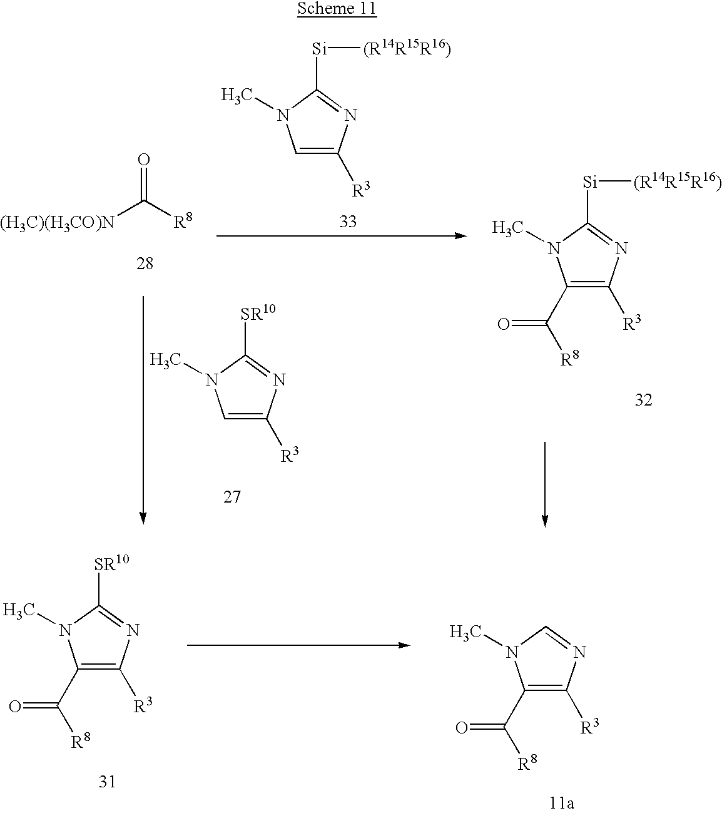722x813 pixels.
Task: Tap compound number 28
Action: point(144,263)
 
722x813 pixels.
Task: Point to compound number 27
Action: point(231,498)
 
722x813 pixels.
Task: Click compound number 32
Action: point(643,400)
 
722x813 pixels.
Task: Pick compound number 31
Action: point(107,781)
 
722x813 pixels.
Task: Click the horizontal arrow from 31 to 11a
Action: point(299,645)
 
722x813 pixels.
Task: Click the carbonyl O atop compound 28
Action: point(144,160)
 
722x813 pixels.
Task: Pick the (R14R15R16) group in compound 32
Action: point(676,183)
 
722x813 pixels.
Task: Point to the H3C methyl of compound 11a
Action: point(465,633)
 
